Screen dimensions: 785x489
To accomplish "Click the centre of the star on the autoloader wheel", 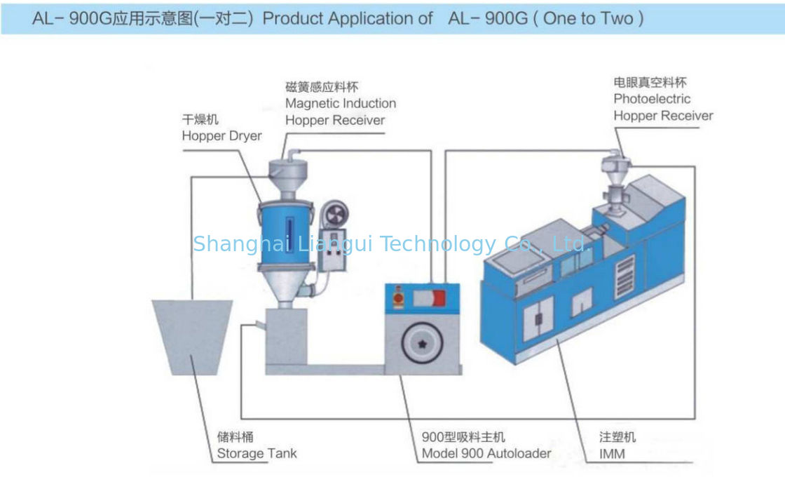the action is pyautogui.click(x=422, y=344).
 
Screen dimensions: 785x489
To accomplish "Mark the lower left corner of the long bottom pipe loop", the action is pyautogui.click(x=241, y=418).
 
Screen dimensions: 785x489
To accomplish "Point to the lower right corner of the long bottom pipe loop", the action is pyautogui.click(x=695, y=418).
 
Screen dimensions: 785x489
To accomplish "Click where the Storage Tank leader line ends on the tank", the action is pyautogui.click(x=193, y=356).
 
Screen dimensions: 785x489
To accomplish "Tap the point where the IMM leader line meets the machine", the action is pyautogui.click(x=557, y=340).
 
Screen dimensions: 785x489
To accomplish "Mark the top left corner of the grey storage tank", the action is pyautogui.click(x=152, y=300).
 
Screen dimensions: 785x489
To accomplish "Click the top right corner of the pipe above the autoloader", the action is pyautogui.click(x=431, y=150).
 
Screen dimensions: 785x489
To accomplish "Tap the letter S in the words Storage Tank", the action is pyautogui.click(x=221, y=453).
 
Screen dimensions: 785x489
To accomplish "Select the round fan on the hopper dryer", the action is pyautogui.click(x=335, y=215).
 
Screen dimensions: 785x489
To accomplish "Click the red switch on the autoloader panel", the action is pyautogui.click(x=439, y=299).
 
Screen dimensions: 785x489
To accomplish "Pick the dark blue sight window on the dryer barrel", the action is pyautogui.click(x=289, y=234).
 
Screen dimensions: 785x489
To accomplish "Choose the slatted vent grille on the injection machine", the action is pyautogui.click(x=624, y=276).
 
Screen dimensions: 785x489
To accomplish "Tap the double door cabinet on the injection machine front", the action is pyautogui.click(x=539, y=318).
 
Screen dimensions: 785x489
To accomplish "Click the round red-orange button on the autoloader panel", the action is pyautogui.click(x=399, y=298).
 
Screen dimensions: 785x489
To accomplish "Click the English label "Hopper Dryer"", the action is pyautogui.click(x=221, y=136).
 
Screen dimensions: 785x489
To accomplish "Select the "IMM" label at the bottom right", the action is pyautogui.click(x=612, y=454).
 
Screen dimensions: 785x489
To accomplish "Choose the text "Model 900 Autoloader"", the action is pyautogui.click(x=486, y=453).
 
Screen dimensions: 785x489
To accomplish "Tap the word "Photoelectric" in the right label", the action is pyautogui.click(x=652, y=99).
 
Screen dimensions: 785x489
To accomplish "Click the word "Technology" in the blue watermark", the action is pyautogui.click(x=438, y=244).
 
